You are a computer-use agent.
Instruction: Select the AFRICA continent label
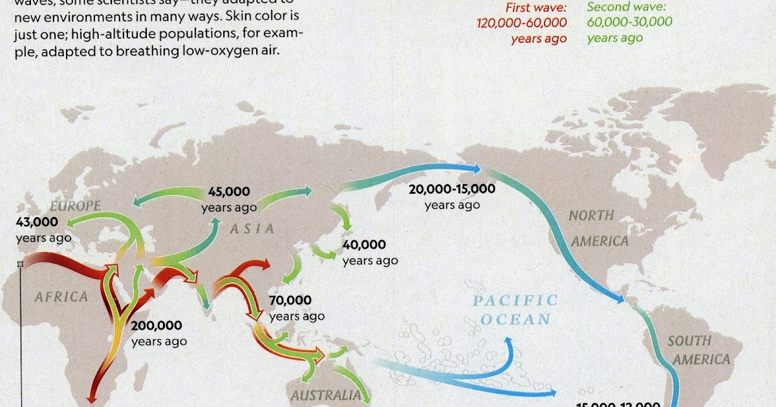tap(61, 297)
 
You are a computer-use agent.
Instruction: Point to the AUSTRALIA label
tap(325, 396)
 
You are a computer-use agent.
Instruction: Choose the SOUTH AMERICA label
tap(698, 350)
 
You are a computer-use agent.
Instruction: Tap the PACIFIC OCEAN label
tap(514, 309)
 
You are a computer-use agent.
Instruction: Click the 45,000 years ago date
tap(229, 199)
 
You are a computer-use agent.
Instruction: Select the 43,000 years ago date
tap(43, 229)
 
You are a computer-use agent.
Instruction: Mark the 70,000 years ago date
tap(297, 308)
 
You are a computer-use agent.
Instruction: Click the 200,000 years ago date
tap(159, 333)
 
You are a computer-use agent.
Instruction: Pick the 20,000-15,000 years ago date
tap(452, 196)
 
